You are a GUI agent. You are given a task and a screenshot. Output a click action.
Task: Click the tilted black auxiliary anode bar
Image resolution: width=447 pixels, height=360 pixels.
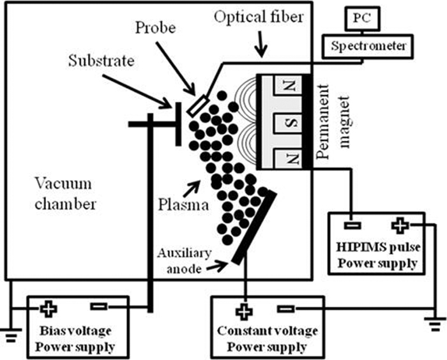253,227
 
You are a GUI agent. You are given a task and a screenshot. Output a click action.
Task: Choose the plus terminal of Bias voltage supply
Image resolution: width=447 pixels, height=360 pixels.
49,309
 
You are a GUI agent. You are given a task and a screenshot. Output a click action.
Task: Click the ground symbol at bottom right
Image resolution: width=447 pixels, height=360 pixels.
435,322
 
